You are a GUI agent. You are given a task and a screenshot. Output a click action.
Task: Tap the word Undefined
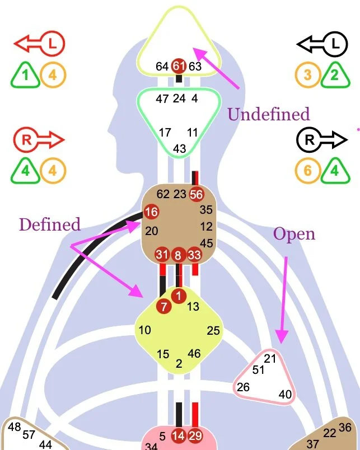[x=268, y=115]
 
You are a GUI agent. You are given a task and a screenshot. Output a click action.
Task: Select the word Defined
[x=50, y=224]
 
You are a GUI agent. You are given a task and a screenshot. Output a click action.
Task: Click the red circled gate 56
[x=196, y=194]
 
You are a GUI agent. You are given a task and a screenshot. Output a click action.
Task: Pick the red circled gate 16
[x=151, y=212]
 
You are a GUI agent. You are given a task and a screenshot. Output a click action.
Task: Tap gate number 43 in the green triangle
[x=180, y=149]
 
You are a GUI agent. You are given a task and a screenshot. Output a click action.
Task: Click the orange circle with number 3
[x=307, y=74]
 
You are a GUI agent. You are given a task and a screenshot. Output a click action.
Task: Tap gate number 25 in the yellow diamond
[x=213, y=331]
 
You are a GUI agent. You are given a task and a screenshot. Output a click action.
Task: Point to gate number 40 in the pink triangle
[x=285, y=395]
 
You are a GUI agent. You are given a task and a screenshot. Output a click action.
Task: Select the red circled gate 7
[x=164, y=306]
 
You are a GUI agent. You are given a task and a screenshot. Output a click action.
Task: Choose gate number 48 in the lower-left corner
[x=15, y=427]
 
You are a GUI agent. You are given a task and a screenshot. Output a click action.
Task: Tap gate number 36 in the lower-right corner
[x=345, y=427]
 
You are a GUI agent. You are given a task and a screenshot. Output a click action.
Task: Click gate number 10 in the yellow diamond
[x=145, y=330]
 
